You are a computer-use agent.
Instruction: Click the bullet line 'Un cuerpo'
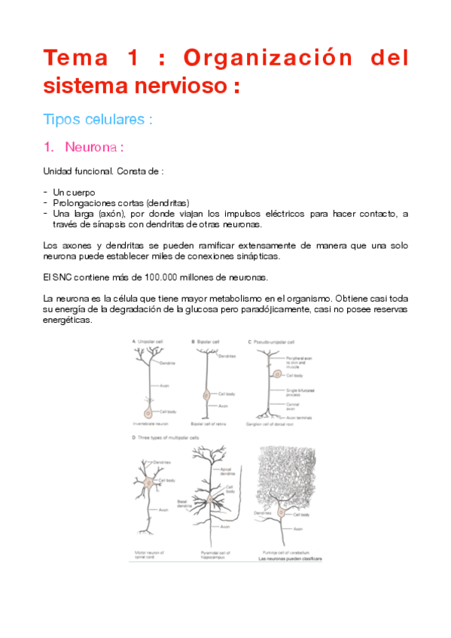click(x=74, y=192)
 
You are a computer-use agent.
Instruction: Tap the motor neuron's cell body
click(x=149, y=482)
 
